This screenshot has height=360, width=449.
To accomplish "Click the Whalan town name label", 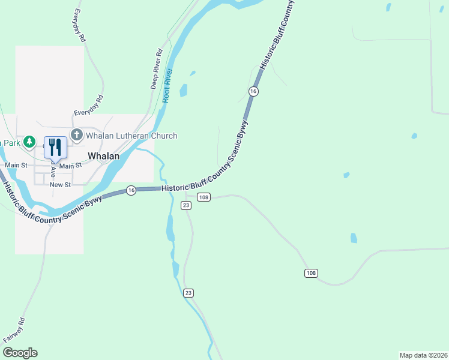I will [x=104, y=155].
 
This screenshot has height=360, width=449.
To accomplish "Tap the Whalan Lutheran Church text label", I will [x=131, y=136].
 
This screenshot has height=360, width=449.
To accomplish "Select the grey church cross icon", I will [x=76, y=135].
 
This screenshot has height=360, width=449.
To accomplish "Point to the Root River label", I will [x=167, y=86].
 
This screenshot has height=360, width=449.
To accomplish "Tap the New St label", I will [x=61, y=185].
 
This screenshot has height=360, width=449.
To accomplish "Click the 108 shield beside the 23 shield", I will [x=203, y=197].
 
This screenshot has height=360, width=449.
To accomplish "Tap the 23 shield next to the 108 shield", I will [x=186, y=205].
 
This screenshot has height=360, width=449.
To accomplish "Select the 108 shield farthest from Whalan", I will [x=311, y=274].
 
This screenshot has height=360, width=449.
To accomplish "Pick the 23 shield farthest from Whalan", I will [x=188, y=293].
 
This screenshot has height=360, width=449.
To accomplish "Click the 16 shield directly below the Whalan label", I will [x=131, y=190].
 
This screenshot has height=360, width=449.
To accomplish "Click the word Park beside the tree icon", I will [x=11, y=143].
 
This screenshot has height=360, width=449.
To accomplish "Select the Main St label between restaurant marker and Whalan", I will [x=70, y=166].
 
